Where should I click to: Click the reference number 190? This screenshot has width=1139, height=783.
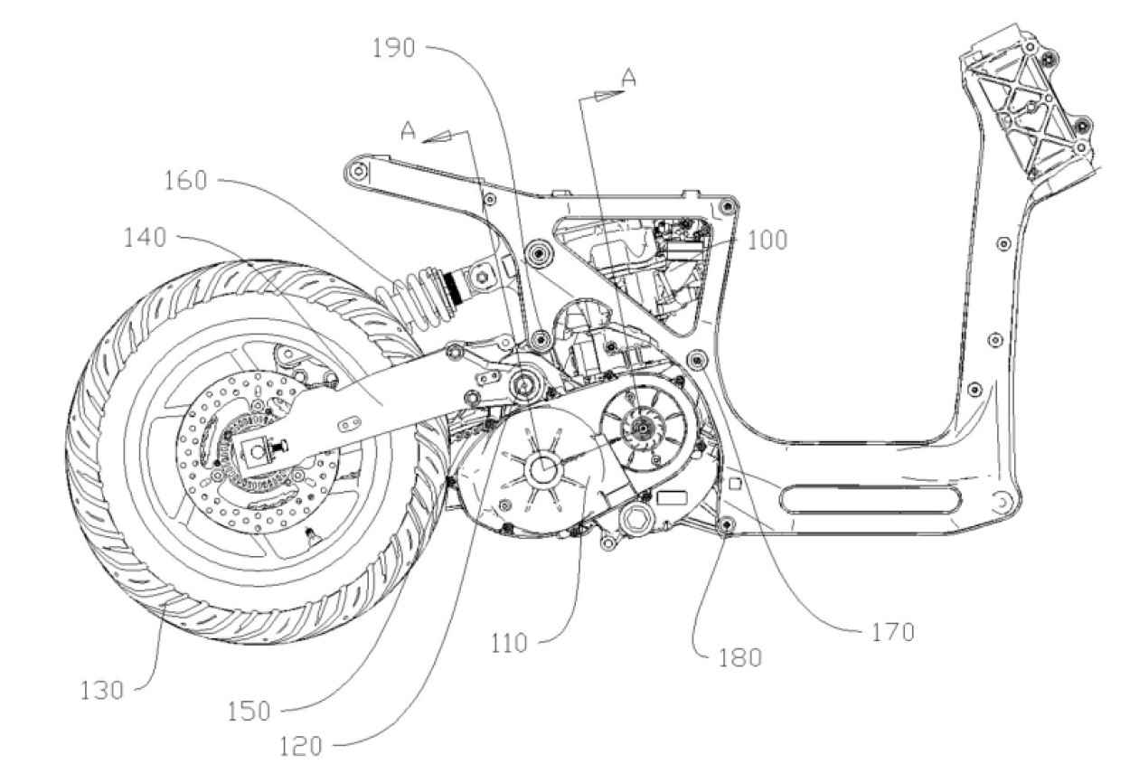(x=393, y=49)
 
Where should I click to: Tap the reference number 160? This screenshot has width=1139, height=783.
(x=185, y=181)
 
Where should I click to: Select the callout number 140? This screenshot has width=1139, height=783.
(x=145, y=238)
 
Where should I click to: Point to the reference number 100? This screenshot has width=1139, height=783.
(x=767, y=240)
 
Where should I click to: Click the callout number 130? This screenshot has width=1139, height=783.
(x=102, y=691)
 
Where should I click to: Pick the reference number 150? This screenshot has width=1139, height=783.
(x=249, y=712)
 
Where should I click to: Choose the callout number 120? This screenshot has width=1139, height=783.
(x=301, y=747)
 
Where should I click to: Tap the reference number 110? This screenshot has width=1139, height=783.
(x=509, y=644)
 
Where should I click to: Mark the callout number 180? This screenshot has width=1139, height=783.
(x=739, y=658)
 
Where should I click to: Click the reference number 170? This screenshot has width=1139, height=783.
(x=893, y=633)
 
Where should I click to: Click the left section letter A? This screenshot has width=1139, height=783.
(x=409, y=131)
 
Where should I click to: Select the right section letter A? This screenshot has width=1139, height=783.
(x=629, y=77)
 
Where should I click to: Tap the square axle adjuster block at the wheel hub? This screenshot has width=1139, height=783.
(x=259, y=452)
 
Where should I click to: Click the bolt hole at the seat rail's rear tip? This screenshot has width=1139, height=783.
(x=359, y=169)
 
